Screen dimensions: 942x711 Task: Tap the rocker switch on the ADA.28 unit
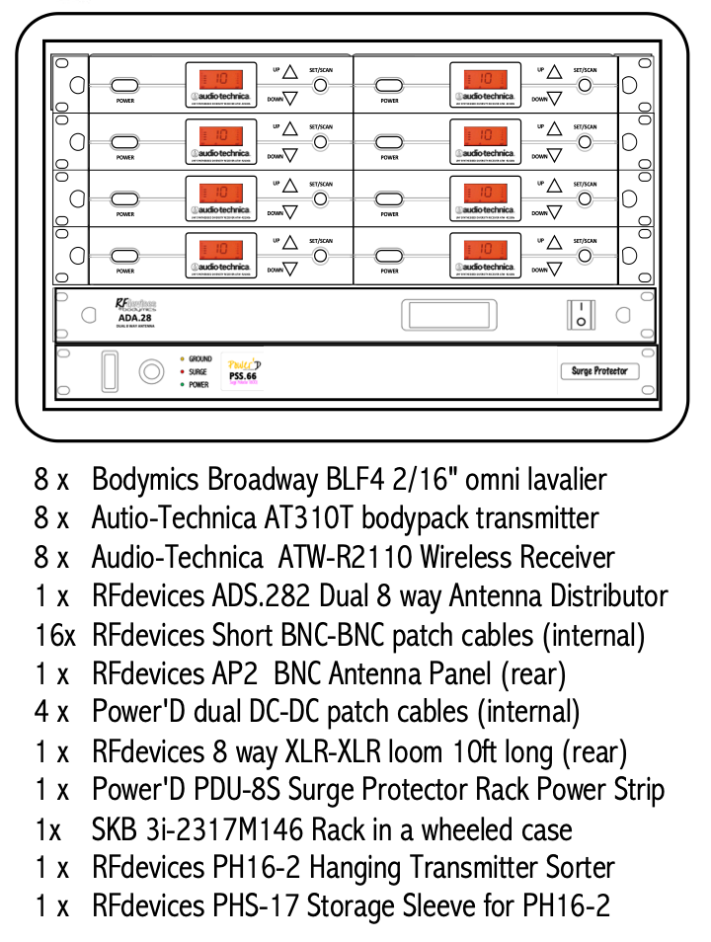click(581, 315)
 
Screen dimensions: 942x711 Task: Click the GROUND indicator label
click(199, 359)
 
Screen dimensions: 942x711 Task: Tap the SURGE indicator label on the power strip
click(197, 372)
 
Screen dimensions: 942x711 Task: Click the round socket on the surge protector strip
click(150, 372)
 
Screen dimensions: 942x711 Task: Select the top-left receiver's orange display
click(220, 79)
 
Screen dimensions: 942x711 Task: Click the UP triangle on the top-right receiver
click(555, 72)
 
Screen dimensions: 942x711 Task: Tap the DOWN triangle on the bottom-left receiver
click(290, 270)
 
